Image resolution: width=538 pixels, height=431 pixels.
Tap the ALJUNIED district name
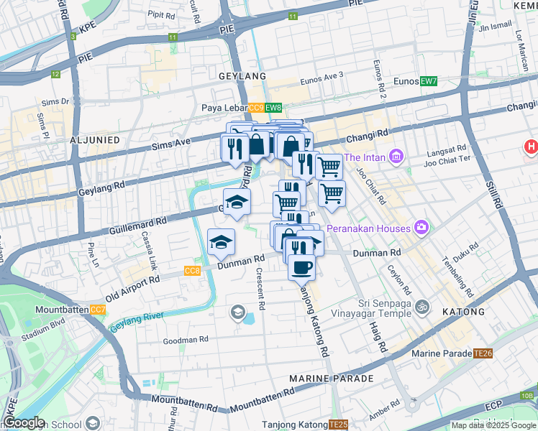point(97,140)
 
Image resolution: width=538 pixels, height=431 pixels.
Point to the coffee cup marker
point(301,268)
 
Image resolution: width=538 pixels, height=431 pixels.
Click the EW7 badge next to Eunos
point(429,81)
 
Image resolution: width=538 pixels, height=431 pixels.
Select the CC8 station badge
point(192,271)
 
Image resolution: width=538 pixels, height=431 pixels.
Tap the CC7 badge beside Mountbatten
point(98,310)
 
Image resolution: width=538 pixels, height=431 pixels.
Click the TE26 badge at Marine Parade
point(483,353)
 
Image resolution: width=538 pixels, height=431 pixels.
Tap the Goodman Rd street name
point(185,340)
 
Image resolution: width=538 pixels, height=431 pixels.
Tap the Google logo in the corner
point(24,422)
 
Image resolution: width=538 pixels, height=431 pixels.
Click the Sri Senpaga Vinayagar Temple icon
point(422,307)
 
